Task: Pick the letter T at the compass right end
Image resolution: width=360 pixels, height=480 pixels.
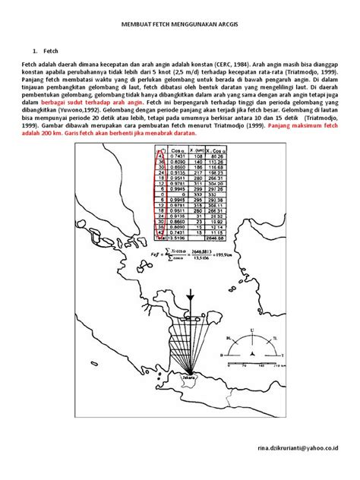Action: [283, 355]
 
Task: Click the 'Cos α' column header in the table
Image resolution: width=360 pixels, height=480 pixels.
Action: [179, 153]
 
